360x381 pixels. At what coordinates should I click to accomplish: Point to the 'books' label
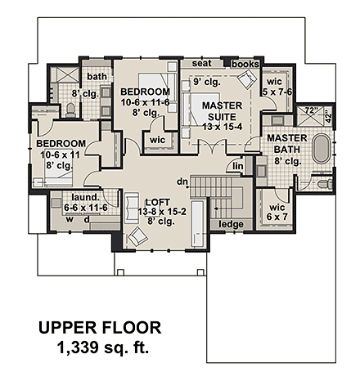(244, 63)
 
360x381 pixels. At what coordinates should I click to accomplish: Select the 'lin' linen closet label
(238, 167)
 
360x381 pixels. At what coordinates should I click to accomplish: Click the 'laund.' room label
(85, 197)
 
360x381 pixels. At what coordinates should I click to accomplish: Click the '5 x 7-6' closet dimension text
(274, 91)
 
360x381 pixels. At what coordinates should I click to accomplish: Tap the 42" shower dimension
(331, 115)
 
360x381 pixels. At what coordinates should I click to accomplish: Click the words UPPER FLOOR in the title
(101, 329)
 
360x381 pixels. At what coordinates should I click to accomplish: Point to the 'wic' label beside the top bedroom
(158, 140)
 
